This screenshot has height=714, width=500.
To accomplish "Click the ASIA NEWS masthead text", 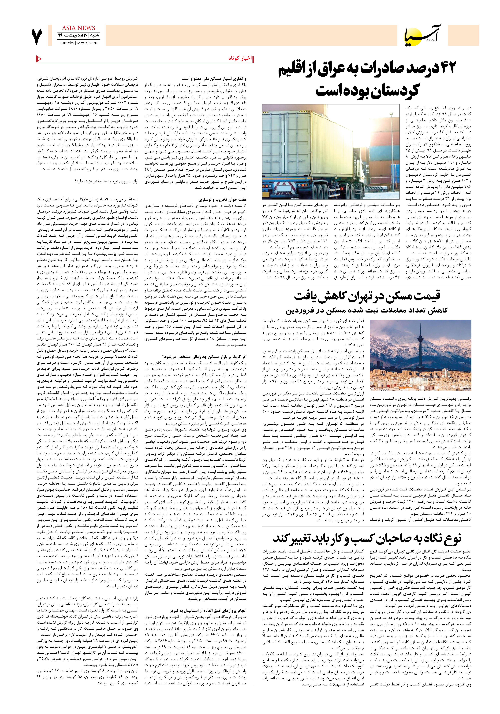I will click(x=78, y=28).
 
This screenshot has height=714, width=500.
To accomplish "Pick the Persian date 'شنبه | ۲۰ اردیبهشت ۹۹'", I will click(x=78, y=35).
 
